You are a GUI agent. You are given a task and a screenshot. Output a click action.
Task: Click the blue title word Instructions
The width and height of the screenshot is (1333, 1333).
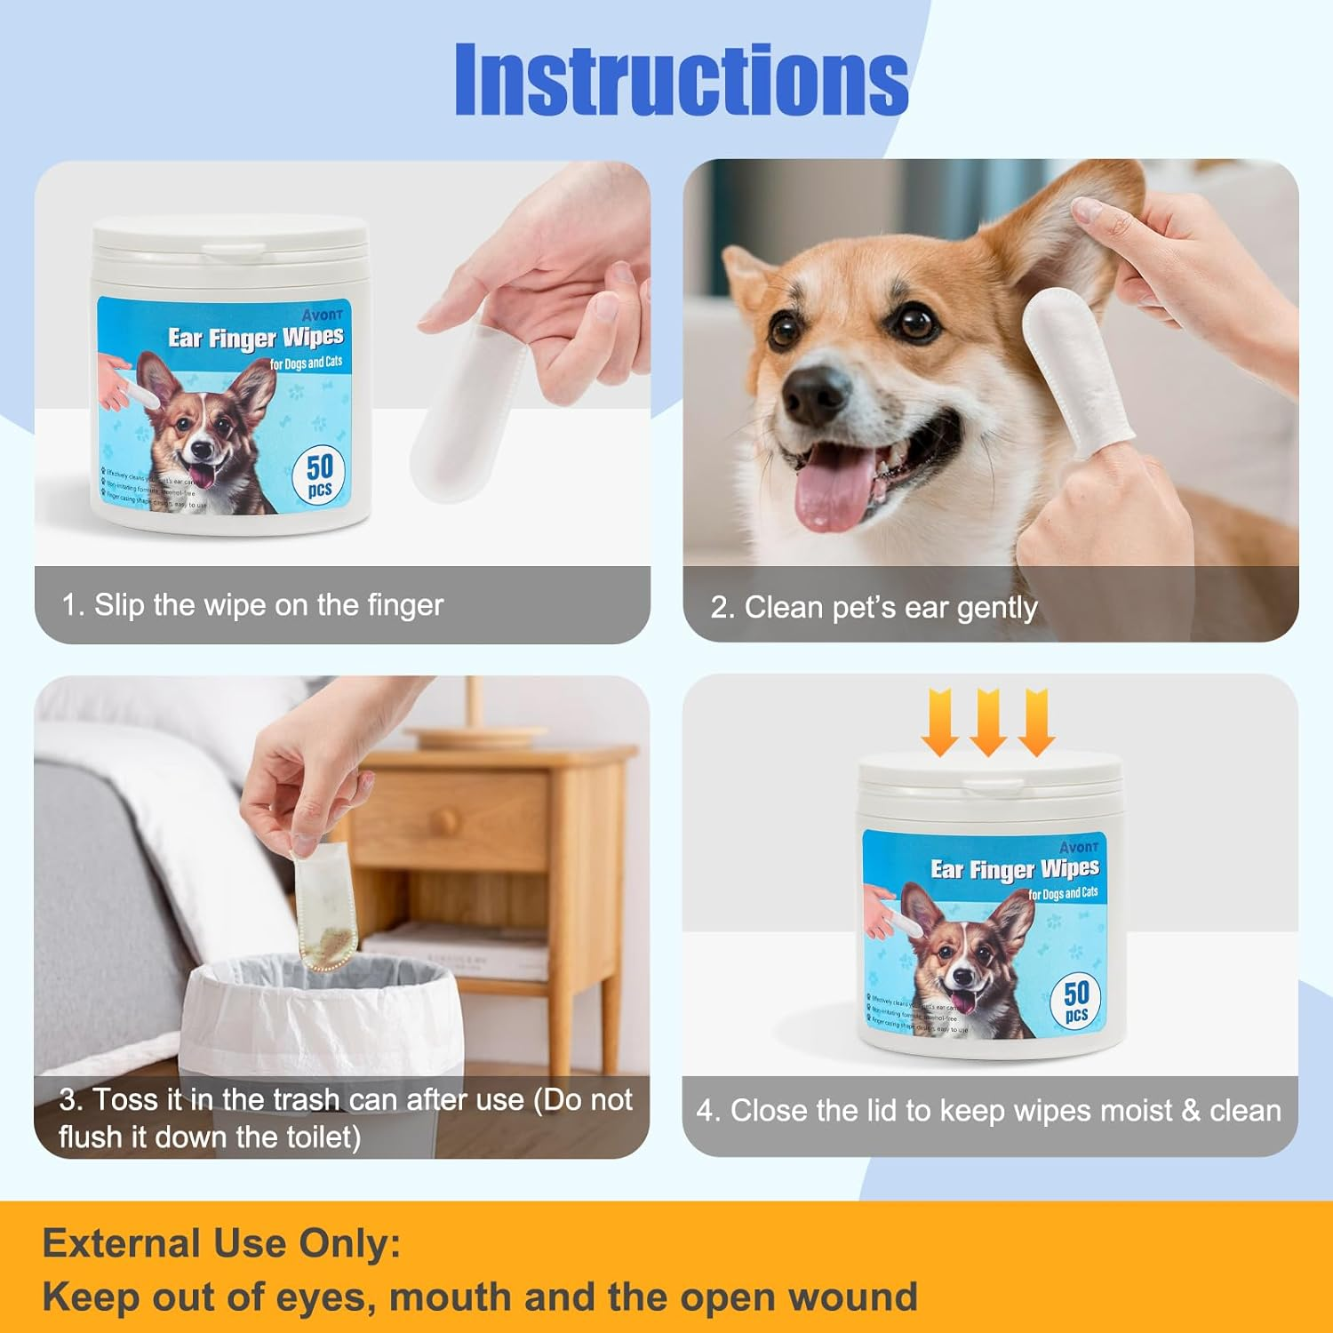tap(681, 80)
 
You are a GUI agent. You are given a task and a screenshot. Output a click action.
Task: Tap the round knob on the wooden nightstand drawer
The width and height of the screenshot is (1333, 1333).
tap(444, 818)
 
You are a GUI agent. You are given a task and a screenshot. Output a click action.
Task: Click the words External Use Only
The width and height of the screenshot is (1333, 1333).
tap(221, 1243)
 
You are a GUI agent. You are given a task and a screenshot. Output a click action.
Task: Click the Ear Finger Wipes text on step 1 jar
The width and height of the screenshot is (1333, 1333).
tap(256, 338)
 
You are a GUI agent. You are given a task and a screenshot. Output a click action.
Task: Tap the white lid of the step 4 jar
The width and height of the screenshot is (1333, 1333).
tap(990, 773)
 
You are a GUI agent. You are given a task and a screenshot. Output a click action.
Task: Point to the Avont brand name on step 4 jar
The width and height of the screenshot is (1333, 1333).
tap(1079, 847)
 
